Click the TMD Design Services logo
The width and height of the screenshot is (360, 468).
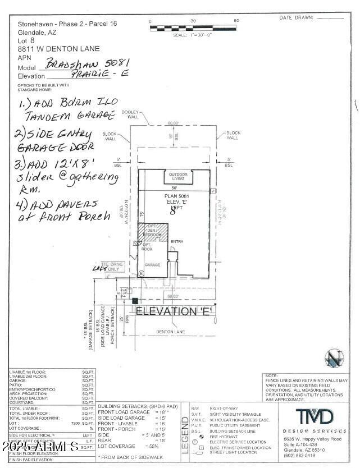315,417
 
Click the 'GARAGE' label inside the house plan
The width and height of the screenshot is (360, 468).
153,264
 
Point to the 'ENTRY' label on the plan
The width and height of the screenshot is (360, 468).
177,241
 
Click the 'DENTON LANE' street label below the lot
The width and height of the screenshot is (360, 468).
170,332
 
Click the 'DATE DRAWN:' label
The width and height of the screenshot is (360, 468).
295,18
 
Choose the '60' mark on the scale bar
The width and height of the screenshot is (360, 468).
236,21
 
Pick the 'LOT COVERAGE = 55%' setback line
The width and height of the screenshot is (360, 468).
129,446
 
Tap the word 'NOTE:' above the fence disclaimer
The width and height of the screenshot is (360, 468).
271,375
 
